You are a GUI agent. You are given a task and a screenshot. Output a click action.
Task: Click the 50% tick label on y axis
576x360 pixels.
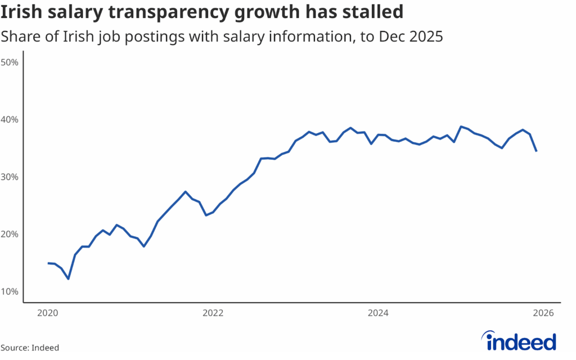click(x=10, y=62)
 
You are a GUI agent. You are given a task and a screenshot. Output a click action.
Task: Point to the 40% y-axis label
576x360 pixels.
click(x=10, y=119)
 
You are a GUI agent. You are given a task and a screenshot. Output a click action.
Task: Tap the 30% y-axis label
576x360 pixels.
click(x=10, y=177)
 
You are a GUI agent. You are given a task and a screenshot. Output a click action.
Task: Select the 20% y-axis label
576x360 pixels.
click(x=10, y=234)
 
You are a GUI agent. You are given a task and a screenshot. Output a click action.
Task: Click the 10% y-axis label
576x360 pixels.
click(x=10, y=291)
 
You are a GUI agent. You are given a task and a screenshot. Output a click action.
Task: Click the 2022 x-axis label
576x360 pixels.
click(x=213, y=313)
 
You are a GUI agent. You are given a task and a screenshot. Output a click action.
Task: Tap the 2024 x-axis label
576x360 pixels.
click(x=379, y=313)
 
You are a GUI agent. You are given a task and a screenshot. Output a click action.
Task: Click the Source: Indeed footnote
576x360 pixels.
click(x=30, y=348)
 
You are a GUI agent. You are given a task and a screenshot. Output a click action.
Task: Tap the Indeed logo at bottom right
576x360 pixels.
click(x=520, y=341)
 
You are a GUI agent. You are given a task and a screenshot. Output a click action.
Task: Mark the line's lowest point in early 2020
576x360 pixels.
click(x=68, y=278)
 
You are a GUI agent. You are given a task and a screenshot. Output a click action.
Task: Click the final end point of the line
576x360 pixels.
click(x=537, y=151)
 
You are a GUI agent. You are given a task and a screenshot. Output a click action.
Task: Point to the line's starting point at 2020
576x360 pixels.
click(x=48, y=263)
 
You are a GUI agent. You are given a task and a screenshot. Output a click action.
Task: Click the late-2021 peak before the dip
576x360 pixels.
click(x=186, y=192)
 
